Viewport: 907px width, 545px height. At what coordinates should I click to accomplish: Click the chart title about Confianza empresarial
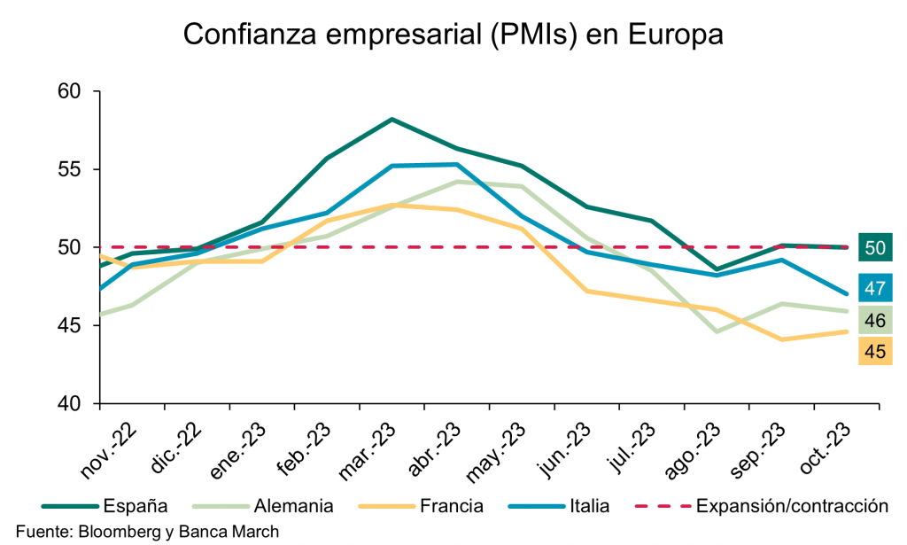pyautogui.click(x=453, y=35)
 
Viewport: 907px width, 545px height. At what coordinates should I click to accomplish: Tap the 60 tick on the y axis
pyautogui.click(x=68, y=91)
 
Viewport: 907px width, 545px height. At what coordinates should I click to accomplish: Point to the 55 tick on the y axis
pyautogui.click(x=68, y=169)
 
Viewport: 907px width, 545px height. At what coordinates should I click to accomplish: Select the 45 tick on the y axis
pyautogui.click(x=68, y=325)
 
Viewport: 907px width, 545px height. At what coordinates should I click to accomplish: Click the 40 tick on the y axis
pyautogui.click(x=68, y=403)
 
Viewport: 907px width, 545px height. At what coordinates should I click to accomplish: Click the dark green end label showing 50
pyautogui.click(x=875, y=248)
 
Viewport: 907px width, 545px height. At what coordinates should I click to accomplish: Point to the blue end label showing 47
pyautogui.click(x=875, y=288)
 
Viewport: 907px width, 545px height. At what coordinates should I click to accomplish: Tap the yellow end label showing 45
pyautogui.click(x=875, y=352)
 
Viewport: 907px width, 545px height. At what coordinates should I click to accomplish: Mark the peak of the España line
pyautogui.click(x=391, y=119)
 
